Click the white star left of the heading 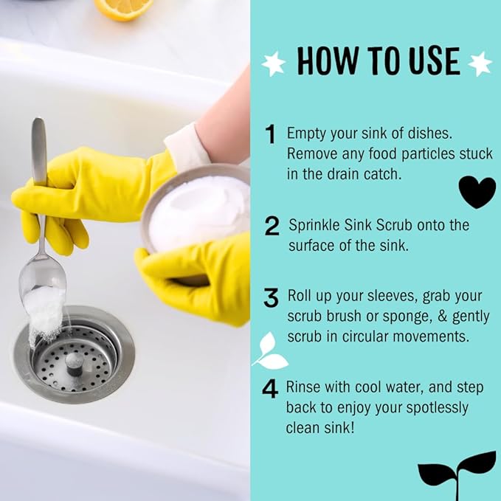coord(274,63)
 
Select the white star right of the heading coord(480,63)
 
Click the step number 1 coord(271,134)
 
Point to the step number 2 coord(272,226)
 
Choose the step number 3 coord(272,299)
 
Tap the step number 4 coord(271,390)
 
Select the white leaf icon coord(270,352)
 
